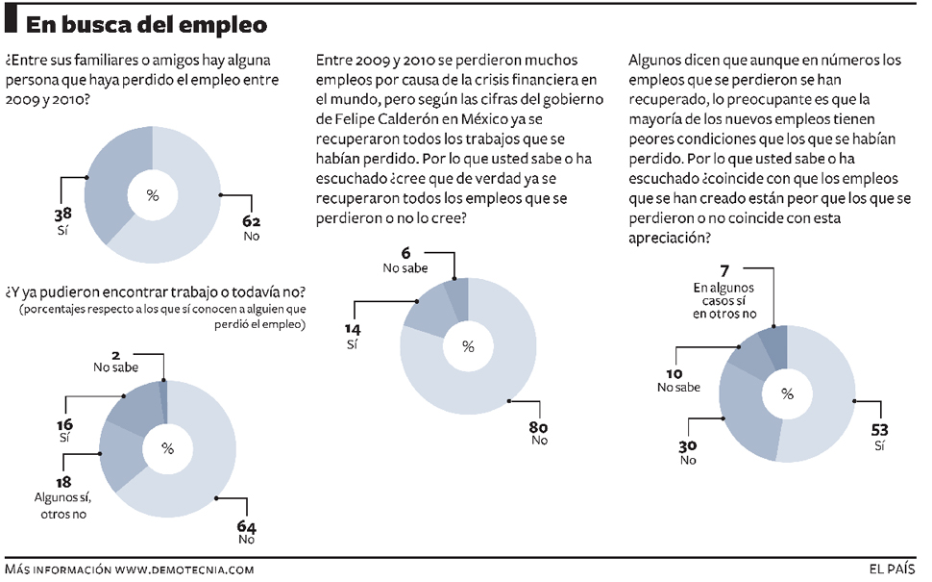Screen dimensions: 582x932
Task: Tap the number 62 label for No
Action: tap(252, 221)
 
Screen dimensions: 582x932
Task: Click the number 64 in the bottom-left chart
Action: tap(247, 526)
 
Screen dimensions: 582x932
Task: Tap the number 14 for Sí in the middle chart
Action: tap(352, 329)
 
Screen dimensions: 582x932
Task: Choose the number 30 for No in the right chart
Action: tap(687, 444)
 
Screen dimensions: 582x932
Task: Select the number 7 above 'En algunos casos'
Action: tap(724, 271)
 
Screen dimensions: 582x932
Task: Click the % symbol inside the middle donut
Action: tap(468, 346)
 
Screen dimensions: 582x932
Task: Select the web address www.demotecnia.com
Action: tap(184, 569)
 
